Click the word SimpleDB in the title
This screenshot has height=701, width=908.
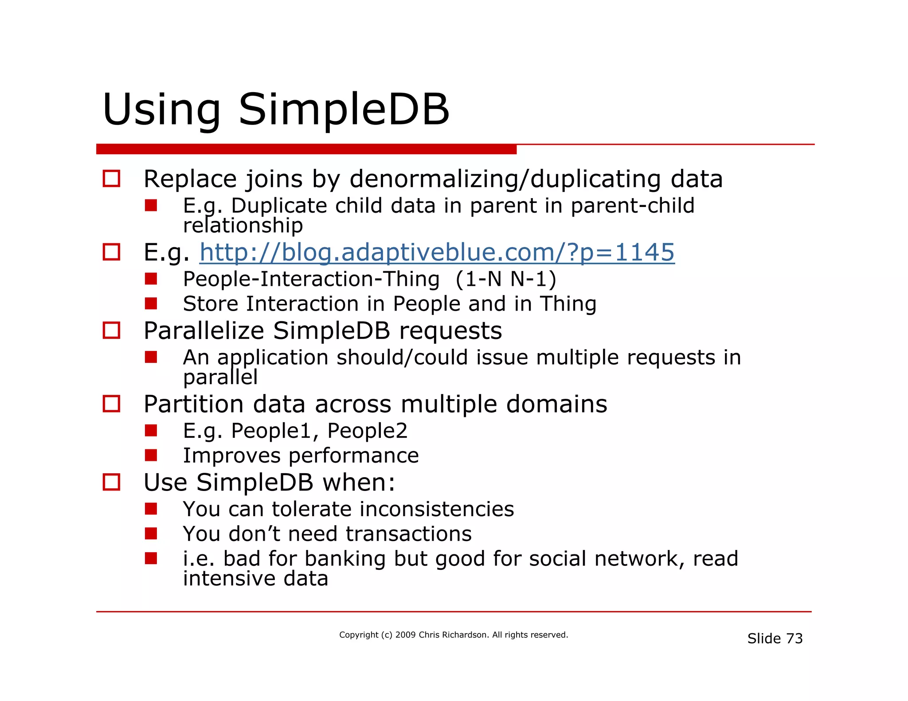pos(344,109)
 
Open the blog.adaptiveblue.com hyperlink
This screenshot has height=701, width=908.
pos(437,253)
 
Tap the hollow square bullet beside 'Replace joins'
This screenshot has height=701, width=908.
pos(111,179)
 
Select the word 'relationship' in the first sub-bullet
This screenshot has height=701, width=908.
pos(243,226)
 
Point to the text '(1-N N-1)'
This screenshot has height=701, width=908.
pos(505,279)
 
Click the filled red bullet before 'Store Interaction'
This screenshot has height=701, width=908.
pos(151,304)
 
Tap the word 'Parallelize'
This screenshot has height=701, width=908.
pos(204,331)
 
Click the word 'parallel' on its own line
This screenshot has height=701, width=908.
pos(220,378)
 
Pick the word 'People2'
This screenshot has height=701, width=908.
pos(367,431)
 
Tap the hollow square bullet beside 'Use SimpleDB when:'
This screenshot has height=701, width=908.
pos(111,482)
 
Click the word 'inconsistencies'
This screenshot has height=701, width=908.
pos(437,509)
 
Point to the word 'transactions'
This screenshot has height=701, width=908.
pos(408,534)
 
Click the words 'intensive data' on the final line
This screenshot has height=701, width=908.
pos(255,579)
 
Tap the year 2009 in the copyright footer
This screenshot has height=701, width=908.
pos(405,635)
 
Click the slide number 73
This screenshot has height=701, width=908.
pos(794,639)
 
